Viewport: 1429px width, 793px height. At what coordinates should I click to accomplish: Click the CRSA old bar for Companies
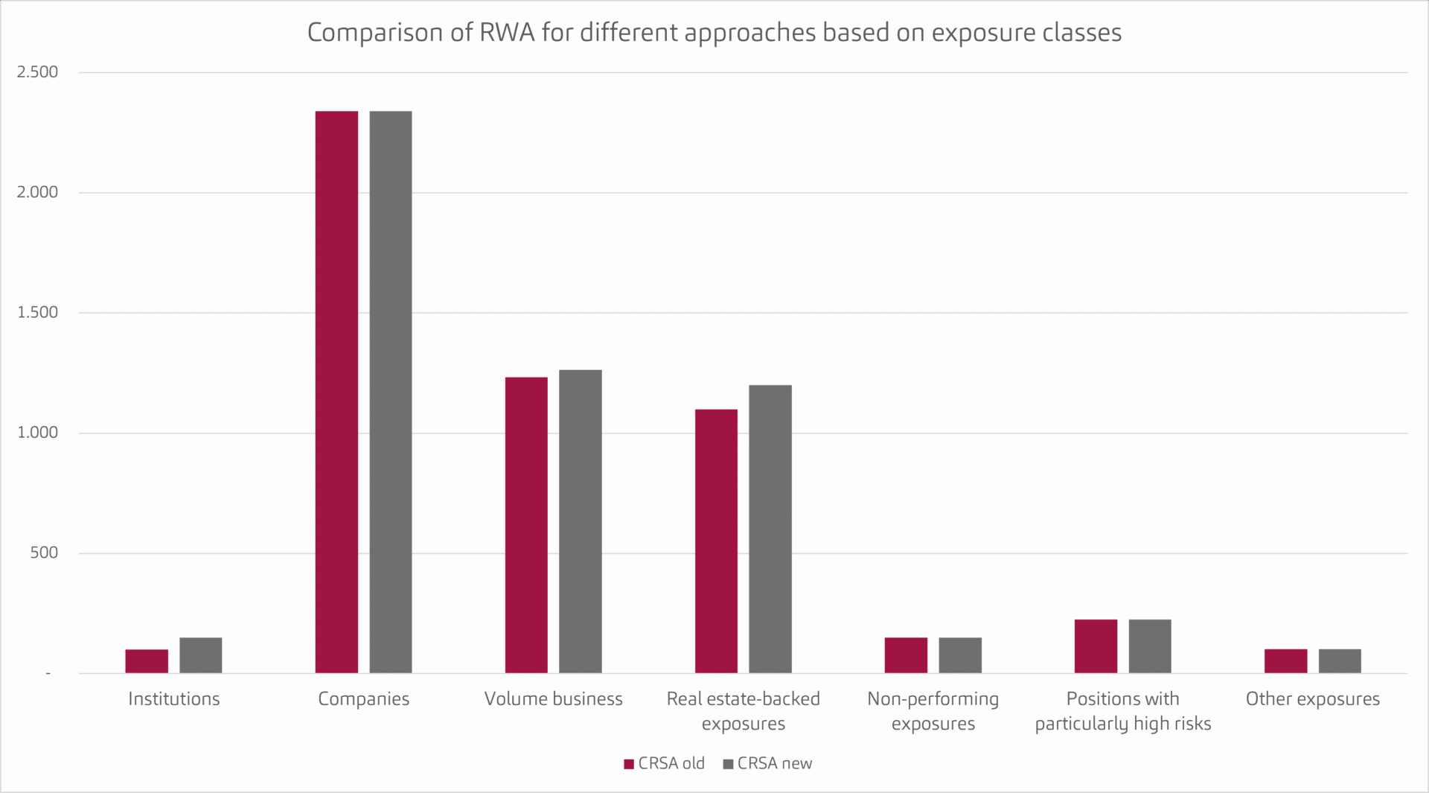[336, 392]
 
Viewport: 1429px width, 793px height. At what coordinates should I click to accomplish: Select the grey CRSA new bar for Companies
[391, 392]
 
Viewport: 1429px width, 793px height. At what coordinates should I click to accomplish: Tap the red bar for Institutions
[147, 661]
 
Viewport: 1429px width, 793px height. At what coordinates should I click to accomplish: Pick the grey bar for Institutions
[201, 655]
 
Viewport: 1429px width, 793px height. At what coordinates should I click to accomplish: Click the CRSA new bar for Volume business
[581, 521]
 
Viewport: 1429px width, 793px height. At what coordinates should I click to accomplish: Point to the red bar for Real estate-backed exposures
[716, 541]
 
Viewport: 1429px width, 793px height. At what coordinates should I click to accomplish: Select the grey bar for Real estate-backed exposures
[770, 529]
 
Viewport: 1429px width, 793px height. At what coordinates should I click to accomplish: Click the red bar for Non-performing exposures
[906, 655]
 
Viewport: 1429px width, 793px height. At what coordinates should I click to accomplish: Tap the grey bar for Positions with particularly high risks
[1150, 646]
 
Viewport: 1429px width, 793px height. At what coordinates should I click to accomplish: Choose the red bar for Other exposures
[1285, 661]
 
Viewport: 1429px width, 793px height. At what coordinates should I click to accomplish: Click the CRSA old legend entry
[664, 764]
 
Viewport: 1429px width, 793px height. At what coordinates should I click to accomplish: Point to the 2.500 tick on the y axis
[37, 72]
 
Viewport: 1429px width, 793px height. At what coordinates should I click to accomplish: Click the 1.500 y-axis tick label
[37, 313]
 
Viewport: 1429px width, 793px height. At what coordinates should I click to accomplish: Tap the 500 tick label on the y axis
[44, 553]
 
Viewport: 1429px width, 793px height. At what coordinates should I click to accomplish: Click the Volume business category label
[553, 699]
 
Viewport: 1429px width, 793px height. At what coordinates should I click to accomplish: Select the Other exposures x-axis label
[1312, 699]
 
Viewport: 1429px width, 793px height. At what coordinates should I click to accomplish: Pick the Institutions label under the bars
[173, 699]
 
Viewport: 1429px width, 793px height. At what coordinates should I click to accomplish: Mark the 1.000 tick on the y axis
[37, 433]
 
